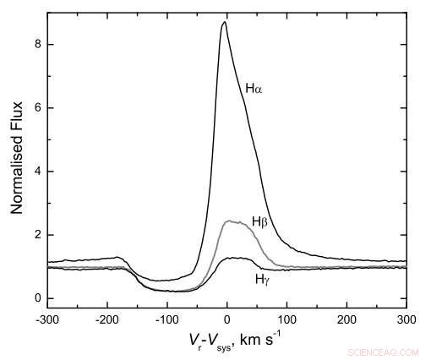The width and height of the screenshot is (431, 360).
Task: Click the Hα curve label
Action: click(254, 88)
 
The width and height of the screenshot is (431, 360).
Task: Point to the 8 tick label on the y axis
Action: click(38, 45)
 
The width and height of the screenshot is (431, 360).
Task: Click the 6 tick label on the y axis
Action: click(38, 108)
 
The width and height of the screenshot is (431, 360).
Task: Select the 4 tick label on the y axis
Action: click(38, 172)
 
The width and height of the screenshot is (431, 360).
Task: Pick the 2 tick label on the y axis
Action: click(38, 235)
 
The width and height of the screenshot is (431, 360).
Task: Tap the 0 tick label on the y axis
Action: click(38, 298)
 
